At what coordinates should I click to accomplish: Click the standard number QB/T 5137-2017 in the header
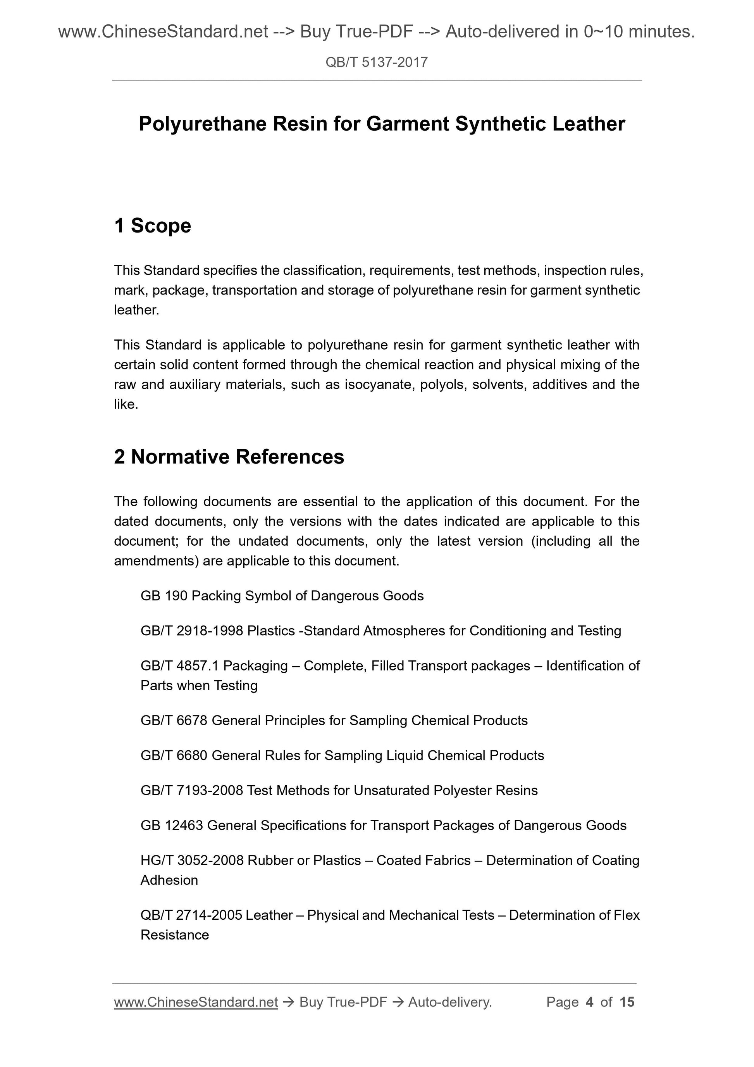(x=376, y=62)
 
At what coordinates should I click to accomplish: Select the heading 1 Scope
(x=152, y=226)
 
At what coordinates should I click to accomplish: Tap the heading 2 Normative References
(x=229, y=457)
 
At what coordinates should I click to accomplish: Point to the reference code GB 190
(x=164, y=596)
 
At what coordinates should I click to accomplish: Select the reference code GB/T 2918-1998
(x=192, y=631)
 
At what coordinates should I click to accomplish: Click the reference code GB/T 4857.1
(x=179, y=666)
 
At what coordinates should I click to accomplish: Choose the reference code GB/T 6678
(x=174, y=721)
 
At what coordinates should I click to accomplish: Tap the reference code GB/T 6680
(x=174, y=756)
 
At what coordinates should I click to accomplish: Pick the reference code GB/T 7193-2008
(x=191, y=791)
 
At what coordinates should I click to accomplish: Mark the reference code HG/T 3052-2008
(x=192, y=861)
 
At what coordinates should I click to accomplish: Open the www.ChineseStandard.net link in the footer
(x=196, y=1002)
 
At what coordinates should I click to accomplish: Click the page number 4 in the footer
(x=590, y=1002)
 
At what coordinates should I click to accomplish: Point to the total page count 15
(x=627, y=1002)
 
